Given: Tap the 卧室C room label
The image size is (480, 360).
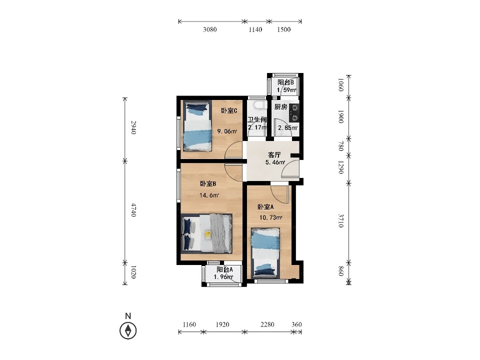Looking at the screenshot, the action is click(229, 110).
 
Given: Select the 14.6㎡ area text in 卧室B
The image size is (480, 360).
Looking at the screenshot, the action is click(209, 195).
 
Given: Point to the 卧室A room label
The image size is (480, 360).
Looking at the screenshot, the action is click(265, 207).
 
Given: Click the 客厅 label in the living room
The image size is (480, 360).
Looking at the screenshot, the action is click(274, 154).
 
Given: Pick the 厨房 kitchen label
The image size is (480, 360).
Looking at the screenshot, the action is click(280, 106).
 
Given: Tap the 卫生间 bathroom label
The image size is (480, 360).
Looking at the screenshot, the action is click(257, 119).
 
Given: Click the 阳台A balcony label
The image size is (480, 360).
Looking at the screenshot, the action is click(224, 269).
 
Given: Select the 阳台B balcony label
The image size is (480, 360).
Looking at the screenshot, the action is click(285, 82).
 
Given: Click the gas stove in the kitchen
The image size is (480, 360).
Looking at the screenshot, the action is click(294, 112).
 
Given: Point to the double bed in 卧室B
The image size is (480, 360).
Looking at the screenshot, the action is click(206, 233).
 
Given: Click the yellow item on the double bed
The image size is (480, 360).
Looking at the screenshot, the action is click(208, 235).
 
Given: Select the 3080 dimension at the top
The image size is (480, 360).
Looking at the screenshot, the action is click(209, 29).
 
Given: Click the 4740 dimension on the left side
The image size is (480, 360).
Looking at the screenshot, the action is click(133, 210).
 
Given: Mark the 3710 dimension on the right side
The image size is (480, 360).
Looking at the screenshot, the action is click(341, 220).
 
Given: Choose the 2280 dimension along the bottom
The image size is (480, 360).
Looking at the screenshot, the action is click(267, 324).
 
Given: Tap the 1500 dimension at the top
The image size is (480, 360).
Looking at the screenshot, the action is click(284, 29).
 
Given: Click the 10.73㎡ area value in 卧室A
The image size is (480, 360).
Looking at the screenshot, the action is click(270, 217).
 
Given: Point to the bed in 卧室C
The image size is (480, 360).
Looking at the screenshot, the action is click(197, 126).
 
